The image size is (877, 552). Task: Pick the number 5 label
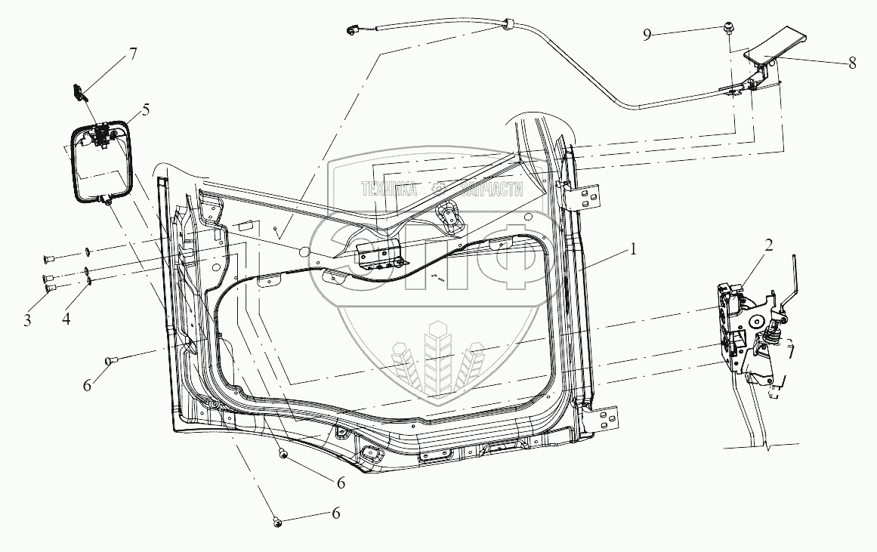point(145,109)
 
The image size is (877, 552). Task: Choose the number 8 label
point(852,64)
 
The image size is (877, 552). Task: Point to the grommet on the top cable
point(508,27)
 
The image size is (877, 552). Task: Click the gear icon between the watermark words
point(437,189)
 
